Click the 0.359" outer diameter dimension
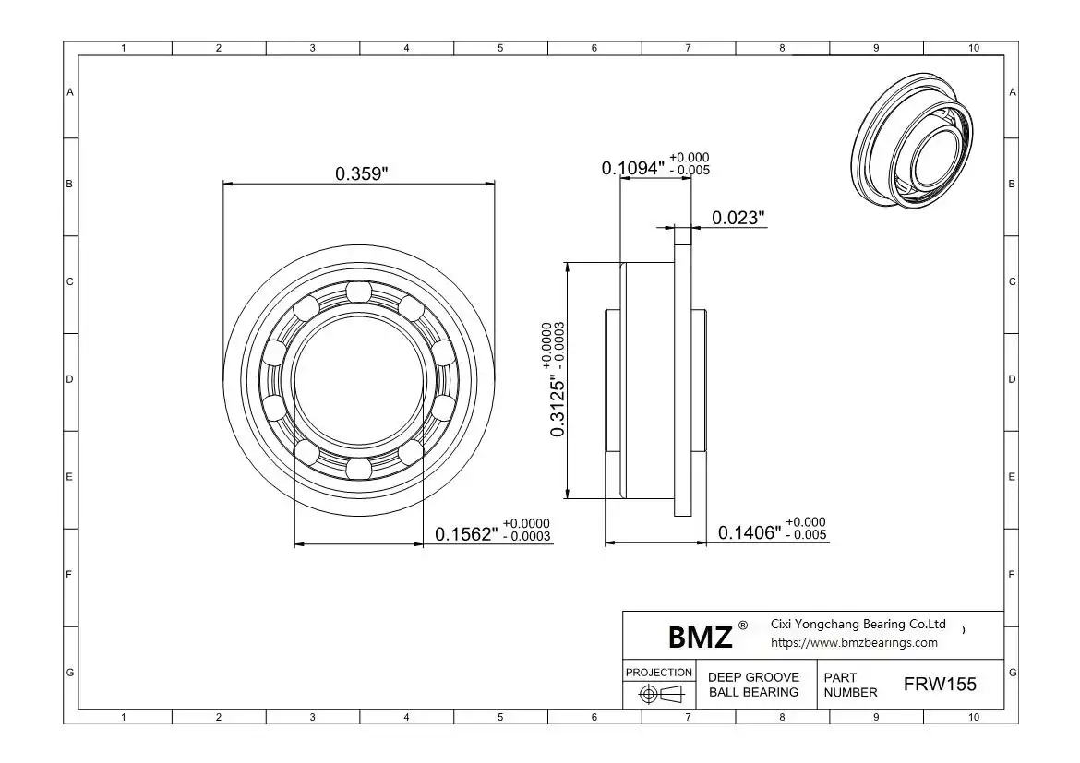tap(362, 173)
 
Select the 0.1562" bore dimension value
tap(466, 534)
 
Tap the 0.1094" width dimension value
tap(633, 168)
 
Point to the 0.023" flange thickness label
tap(738, 218)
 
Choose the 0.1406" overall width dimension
tap(750, 532)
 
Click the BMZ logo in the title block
tap(700, 637)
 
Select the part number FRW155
tap(940, 684)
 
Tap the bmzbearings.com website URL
tap(854, 642)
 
